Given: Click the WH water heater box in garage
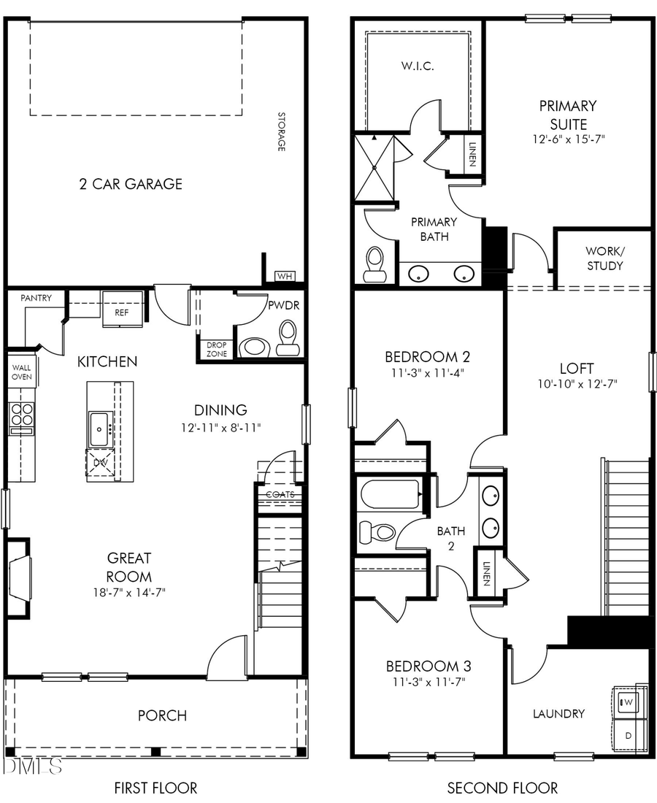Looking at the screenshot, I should click(285, 277).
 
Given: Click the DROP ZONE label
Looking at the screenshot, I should click(217, 349).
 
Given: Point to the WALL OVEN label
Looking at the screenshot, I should click(21, 372).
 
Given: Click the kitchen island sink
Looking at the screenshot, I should click(99, 429).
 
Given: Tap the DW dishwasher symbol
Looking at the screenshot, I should click(99, 463).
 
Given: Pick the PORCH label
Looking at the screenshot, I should click(162, 715).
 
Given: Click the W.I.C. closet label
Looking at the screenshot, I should click(417, 66).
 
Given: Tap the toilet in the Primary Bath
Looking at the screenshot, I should click(374, 264).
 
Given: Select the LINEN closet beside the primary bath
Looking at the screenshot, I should click(472, 154).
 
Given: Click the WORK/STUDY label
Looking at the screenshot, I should click(604, 258).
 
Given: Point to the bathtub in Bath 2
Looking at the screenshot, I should click(390, 494).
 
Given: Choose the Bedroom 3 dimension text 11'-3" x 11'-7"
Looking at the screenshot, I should click(429, 683).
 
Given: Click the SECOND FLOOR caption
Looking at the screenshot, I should click(502, 788).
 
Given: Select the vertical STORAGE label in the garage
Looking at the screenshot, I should click(280, 131).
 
